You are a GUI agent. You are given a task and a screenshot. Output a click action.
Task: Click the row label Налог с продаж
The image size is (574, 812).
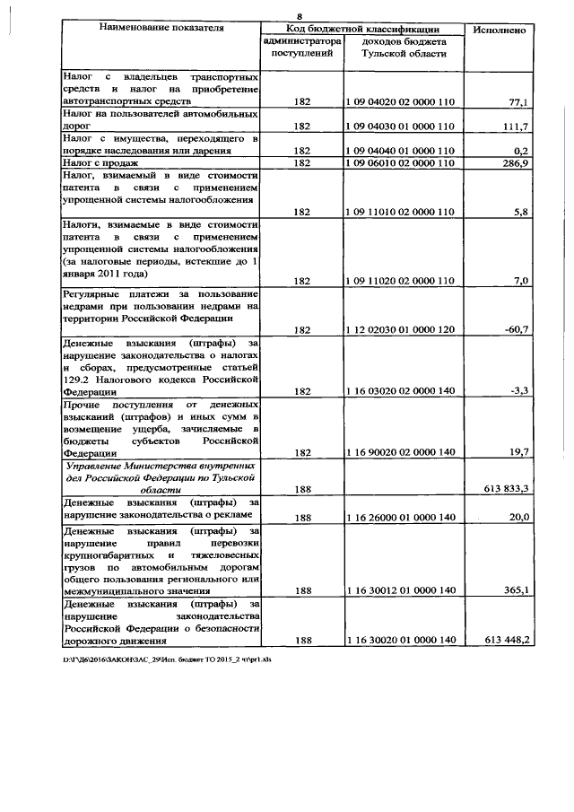(100, 163)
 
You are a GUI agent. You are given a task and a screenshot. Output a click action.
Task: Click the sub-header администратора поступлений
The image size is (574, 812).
(302, 48)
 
